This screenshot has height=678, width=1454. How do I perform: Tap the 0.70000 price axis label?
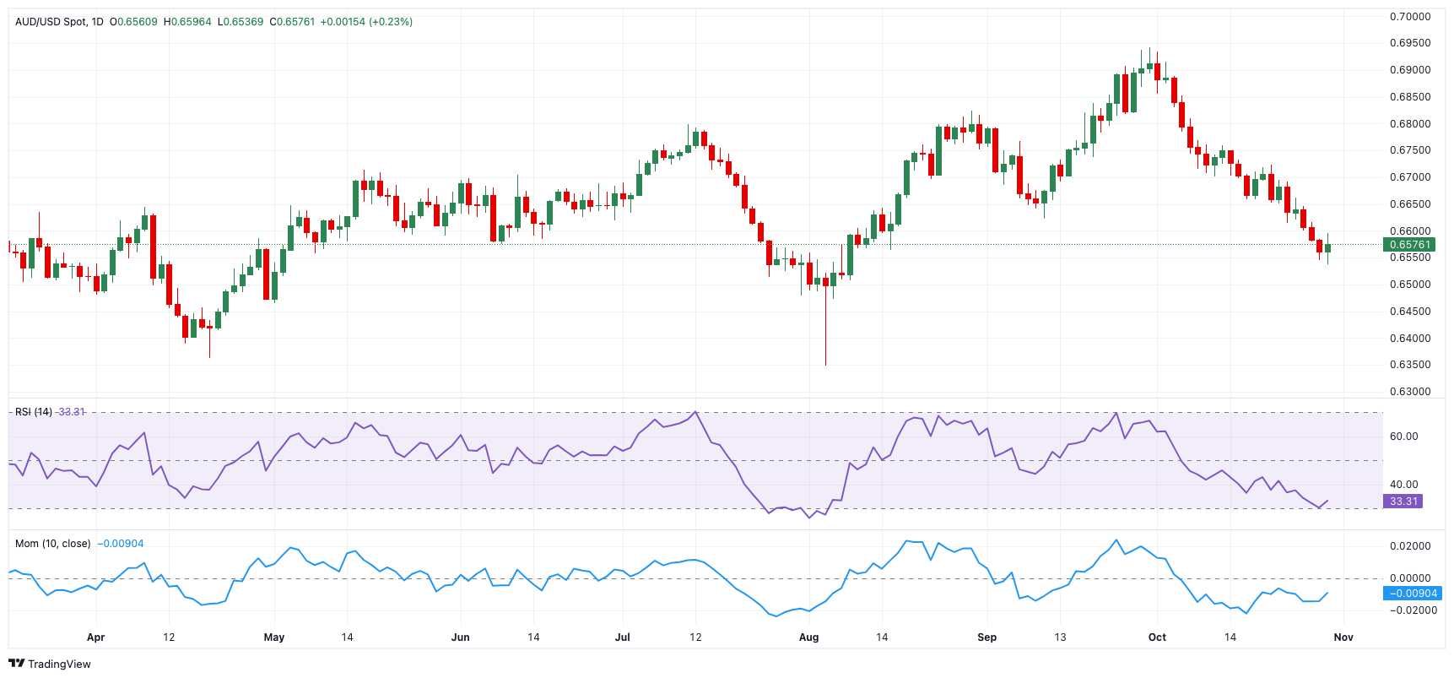point(1410,17)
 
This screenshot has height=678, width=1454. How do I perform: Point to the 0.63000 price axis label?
point(1410,392)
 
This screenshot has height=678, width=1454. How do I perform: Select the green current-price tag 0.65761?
point(1409,245)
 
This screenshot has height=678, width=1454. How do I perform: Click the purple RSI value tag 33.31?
point(1403,502)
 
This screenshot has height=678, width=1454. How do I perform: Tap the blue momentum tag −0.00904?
point(1413,594)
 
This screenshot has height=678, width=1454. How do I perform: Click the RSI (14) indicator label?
point(34,412)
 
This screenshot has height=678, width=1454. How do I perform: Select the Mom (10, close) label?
point(52,544)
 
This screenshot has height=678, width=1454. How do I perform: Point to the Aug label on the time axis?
point(808,637)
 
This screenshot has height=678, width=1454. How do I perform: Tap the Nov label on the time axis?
point(1343,637)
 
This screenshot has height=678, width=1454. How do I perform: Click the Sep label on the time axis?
point(986,637)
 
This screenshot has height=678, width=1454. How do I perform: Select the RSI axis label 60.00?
point(1403,437)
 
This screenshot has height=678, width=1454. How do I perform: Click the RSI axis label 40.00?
point(1403,485)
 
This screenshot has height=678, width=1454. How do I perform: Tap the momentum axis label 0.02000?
point(1410,546)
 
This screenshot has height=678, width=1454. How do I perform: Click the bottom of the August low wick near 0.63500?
point(825,364)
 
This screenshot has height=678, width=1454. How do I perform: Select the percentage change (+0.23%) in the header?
point(391,22)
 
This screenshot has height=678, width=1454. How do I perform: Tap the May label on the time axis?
point(274,637)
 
